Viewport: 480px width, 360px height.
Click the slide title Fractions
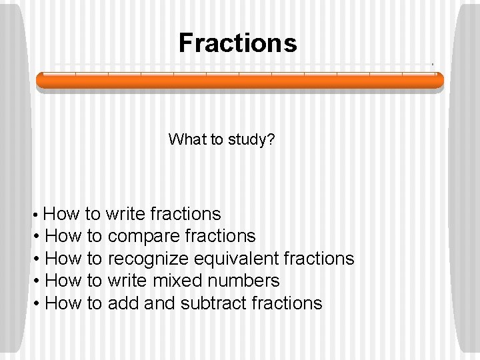[x=237, y=43]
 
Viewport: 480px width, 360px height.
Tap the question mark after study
[x=272, y=140]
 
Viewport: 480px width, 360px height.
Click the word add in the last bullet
[x=122, y=303]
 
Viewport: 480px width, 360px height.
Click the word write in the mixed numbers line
[x=128, y=281]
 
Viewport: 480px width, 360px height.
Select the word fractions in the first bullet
[x=186, y=214]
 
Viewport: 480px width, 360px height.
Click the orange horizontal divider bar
[x=239, y=81]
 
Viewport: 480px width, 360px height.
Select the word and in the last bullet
[x=158, y=303]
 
